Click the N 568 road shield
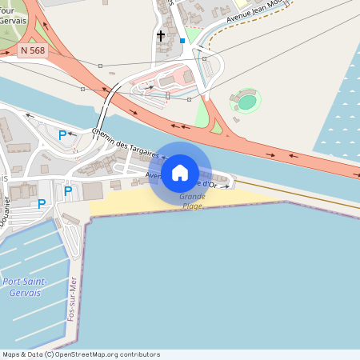tap(32, 50)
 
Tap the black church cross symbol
tap(161, 36)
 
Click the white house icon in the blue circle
tap(180, 173)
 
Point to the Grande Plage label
tap(192, 201)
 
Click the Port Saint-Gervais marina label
tap(24, 286)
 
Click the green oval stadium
tap(247, 102)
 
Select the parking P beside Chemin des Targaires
tap(62, 135)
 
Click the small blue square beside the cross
tap(182, 40)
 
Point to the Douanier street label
tap(8, 212)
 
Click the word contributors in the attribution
tap(138, 354)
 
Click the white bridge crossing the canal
tap(107, 113)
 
